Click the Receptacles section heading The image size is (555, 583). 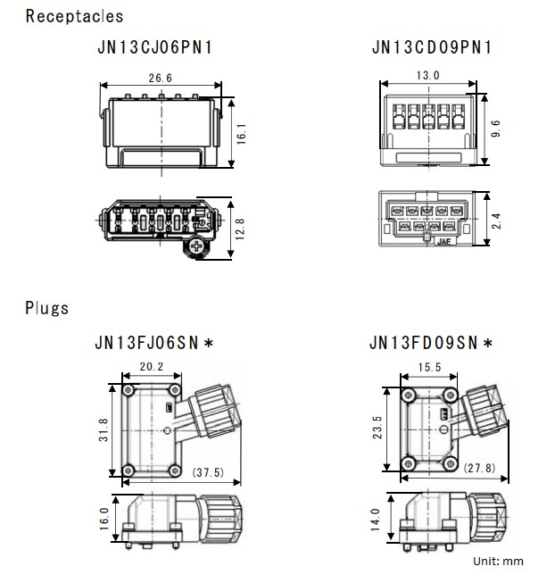click(74, 16)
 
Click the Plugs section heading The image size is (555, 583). click(46, 309)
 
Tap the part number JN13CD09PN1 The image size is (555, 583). click(432, 47)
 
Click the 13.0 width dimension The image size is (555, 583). click(429, 76)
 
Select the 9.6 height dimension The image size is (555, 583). click(496, 129)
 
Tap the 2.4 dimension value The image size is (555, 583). click(496, 220)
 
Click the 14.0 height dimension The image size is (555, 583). click(375, 519)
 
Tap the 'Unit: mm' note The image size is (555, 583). click(499, 561)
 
